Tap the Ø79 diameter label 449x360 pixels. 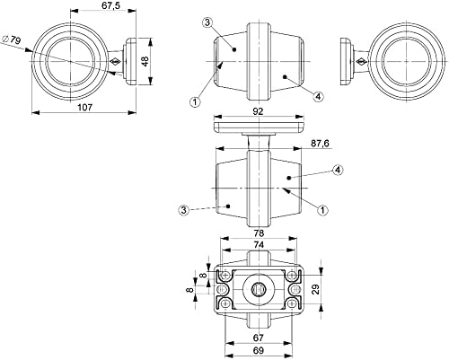pos(11,40)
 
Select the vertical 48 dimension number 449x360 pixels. pos(145,62)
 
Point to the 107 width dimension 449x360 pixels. pos(85,107)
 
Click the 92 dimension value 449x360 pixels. pos(258,111)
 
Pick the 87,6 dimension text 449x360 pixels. pos(320,144)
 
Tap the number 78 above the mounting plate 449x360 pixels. pos(259,233)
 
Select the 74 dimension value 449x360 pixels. pos(259,245)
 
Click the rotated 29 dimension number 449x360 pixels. pos(315,290)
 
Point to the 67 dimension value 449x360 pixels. pos(258,338)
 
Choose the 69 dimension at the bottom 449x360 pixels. pos(258,350)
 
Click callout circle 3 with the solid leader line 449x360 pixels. pos(207,22)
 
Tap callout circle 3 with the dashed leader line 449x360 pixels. pos(184,210)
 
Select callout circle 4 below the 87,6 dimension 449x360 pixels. pos(338,171)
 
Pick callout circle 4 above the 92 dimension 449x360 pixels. pos(318,96)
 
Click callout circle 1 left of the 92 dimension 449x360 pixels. pos(195,102)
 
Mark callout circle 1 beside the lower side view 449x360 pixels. pos(322,210)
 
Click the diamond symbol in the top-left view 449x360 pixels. pos(115,62)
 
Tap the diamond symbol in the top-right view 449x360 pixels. pos(362,62)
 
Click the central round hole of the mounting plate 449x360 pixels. pos(259,290)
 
